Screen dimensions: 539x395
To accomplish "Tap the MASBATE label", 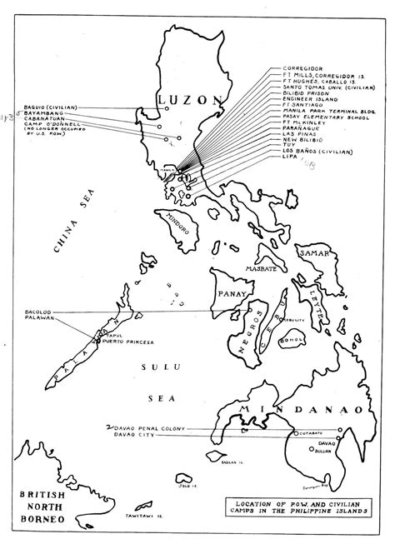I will click(x=260, y=270).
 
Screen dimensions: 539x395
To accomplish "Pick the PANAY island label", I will click(x=230, y=294).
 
